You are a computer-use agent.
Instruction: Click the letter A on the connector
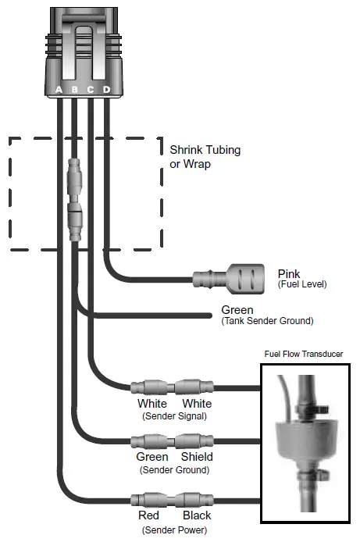[59, 90]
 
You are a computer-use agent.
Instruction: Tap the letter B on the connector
[74, 90]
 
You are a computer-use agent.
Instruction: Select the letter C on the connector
[90, 90]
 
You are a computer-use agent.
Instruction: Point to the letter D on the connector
[106, 90]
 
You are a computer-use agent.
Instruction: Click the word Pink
[290, 273]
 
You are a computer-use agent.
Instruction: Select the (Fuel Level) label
[302, 284]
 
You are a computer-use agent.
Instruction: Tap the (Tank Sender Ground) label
[267, 321]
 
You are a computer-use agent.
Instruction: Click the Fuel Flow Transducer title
[303, 354]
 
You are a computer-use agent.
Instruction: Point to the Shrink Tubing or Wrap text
[205, 156]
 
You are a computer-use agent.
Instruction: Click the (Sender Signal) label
[174, 416]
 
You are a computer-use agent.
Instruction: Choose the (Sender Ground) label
[174, 469]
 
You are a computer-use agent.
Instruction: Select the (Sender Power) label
[174, 530]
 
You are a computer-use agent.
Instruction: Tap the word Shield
[197, 457]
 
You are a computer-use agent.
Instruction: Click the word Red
[148, 515]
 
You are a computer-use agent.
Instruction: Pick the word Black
[197, 515]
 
